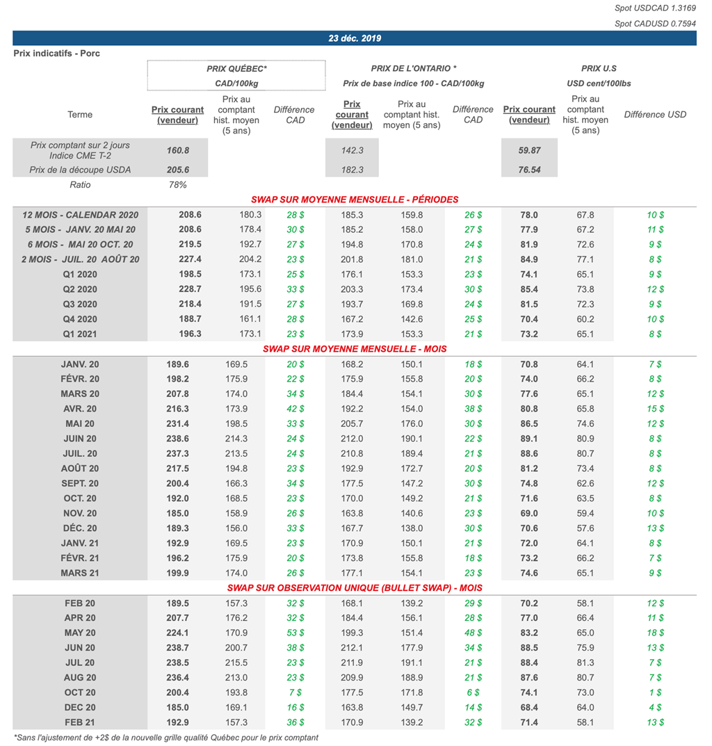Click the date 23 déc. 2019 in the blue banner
coord(355,38)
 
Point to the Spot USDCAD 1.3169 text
coord(656,8)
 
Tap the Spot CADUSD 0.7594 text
coord(656,24)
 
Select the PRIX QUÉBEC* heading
coord(236,69)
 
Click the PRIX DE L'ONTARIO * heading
coord(414,69)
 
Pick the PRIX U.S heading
coord(599,69)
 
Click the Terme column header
coord(80,115)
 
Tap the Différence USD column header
coord(655,115)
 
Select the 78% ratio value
coord(178,185)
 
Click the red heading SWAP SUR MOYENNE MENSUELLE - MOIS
coord(355,348)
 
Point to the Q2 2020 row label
coord(80,289)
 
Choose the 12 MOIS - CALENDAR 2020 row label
coord(80,215)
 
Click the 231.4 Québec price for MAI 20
coord(178,423)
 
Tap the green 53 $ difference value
coord(296,633)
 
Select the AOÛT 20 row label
coord(80,469)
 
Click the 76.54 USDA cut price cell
coord(529,170)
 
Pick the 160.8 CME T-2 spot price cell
coord(178,150)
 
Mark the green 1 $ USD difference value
coord(654,692)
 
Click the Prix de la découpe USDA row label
coord(80,170)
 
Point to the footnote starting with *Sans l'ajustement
coord(166,738)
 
